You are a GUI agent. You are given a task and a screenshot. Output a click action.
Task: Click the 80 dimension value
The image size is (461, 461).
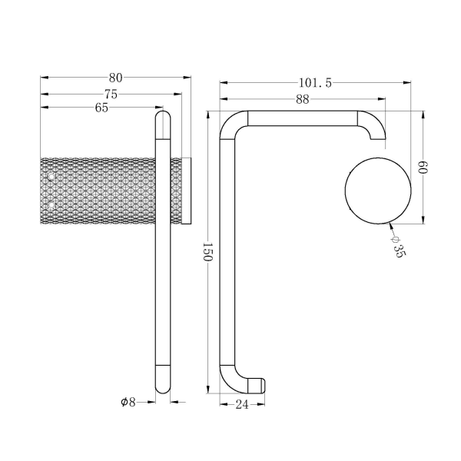[x=116, y=77]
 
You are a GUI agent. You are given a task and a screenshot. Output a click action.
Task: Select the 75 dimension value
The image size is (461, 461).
[x=111, y=93]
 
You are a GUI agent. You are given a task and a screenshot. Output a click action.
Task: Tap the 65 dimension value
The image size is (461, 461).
[x=101, y=108]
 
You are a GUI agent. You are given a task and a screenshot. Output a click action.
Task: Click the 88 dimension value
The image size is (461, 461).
[x=302, y=98]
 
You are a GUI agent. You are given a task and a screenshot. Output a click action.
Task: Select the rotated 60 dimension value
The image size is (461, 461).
[x=422, y=167]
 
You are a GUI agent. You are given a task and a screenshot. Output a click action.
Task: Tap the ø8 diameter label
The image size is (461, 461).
[x=128, y=402]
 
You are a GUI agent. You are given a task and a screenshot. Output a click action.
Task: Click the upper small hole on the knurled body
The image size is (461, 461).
[x=51, y=177]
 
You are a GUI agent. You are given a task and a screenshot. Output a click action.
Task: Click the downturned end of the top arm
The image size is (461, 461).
[x=376, y=135]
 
